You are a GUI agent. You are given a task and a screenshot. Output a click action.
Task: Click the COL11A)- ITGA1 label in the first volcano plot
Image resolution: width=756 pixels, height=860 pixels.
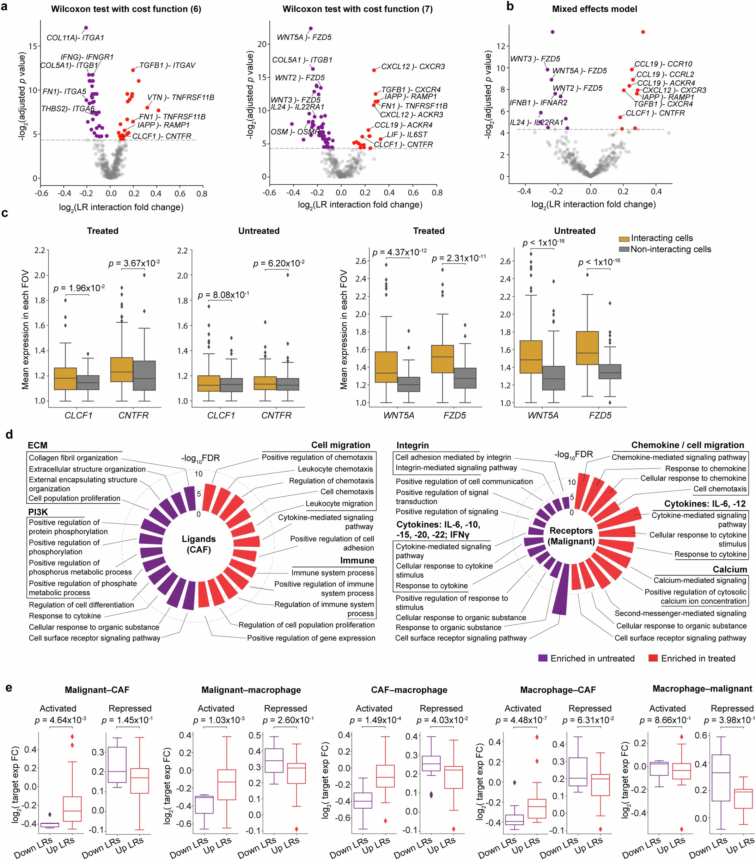(75, 37)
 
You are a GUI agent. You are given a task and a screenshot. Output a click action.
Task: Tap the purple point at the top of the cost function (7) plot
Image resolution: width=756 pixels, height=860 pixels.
(311, 29)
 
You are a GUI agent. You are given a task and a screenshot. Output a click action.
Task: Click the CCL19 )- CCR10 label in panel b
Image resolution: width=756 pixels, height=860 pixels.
(663, 64)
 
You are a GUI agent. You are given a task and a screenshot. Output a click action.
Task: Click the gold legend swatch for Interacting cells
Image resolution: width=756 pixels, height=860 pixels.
(624, 239)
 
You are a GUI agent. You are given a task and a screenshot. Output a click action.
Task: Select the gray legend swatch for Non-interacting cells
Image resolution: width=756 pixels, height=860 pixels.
(624, 250)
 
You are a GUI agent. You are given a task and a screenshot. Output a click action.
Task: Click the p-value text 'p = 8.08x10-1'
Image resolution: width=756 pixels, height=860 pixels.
(223, 295)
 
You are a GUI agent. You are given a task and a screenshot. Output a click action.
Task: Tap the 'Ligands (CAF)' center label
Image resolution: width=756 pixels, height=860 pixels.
(199, 544)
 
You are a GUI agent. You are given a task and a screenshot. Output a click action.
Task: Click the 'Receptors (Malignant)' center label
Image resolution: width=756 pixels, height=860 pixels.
(571, 536)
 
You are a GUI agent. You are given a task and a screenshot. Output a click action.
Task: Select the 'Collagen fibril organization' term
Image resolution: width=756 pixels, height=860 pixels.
(73, 458)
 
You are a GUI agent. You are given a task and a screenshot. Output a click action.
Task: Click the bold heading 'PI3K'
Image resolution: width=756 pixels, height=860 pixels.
(37, 512)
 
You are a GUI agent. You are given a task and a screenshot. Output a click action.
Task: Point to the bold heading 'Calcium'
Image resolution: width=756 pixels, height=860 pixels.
(730, 569)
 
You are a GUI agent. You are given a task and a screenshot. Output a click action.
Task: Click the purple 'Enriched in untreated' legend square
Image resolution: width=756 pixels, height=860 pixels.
(543, 658)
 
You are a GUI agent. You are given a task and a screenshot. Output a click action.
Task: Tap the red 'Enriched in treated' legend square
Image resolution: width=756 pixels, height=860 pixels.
(653, 658)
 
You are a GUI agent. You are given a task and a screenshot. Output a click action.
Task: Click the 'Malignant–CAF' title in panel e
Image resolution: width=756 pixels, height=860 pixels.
(97, 690)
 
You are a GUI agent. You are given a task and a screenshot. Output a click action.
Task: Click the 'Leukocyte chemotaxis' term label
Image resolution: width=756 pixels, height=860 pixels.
(335, 469)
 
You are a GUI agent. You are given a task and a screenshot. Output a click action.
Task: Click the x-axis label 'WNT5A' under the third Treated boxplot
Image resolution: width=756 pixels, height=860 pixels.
(398, 415)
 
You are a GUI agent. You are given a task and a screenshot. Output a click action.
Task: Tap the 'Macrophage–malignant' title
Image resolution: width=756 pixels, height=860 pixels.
(702, 689)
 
